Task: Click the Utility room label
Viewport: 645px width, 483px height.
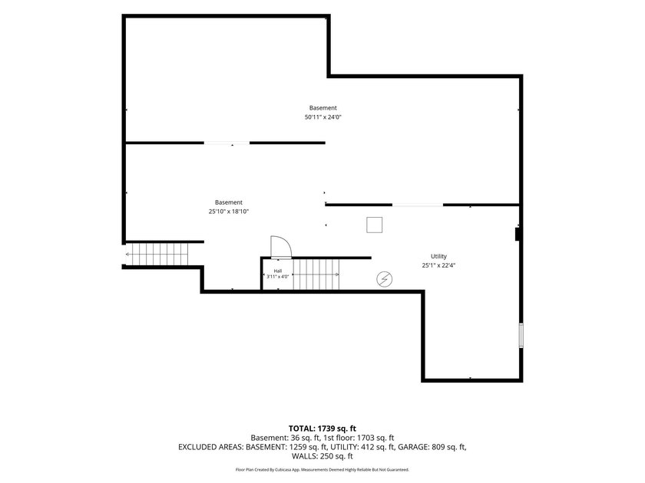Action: (x=438, y=256)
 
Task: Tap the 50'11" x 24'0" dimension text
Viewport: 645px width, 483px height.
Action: (x=323, y=117)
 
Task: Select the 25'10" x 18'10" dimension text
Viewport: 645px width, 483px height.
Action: (x=229, y=212)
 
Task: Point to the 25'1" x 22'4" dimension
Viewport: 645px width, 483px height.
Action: (x=438, y=265)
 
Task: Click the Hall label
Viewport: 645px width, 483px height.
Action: (x=278, y=271)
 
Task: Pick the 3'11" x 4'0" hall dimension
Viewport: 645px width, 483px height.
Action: (x=278, y=277)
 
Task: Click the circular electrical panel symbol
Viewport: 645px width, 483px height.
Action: (x=384, y=279)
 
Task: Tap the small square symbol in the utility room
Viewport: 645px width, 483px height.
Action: (x=375, y=225)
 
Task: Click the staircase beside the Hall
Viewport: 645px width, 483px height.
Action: (x=316, y=274)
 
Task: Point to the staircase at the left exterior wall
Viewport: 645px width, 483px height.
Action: (x=157, y=255)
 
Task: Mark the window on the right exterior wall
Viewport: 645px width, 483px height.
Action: (x=521, y=336)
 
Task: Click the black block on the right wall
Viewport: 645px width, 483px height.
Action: (x=518, y=234)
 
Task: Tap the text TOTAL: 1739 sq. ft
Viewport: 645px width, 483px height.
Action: (x=322, y=429)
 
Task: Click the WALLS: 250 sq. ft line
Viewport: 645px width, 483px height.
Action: (x=322, y=456)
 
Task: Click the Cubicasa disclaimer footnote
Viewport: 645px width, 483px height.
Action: (x=322, y=469)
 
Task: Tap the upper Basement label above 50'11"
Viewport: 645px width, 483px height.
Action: (x=323, y=108)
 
